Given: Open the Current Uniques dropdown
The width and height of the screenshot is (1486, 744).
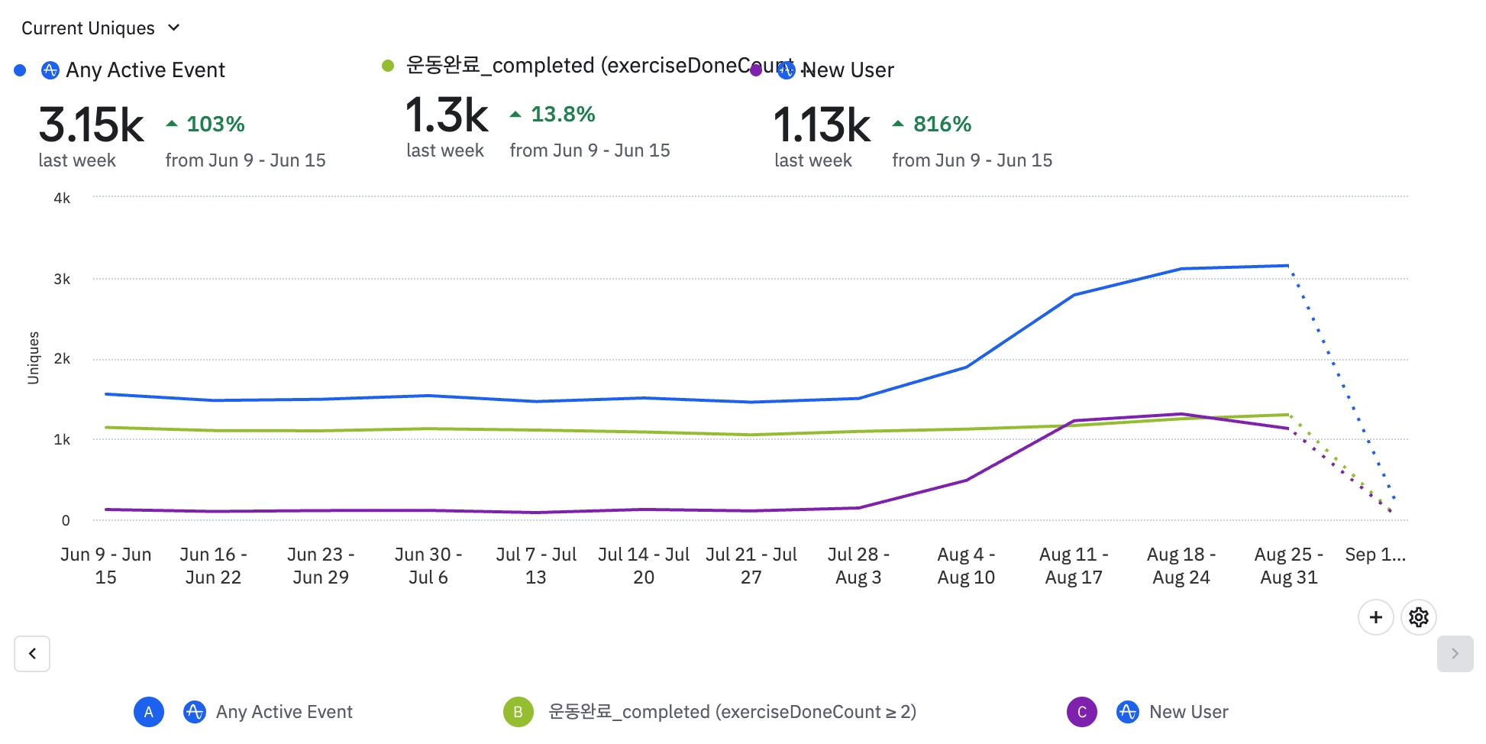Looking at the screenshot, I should [100, 28].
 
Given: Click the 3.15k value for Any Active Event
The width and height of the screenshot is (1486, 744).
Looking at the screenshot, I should [91, 125].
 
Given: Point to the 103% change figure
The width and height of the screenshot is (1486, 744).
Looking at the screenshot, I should [215, 124].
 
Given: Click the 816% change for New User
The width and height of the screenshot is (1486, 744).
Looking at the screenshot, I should [942, 124].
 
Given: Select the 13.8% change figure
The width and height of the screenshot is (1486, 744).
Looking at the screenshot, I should [562, 114].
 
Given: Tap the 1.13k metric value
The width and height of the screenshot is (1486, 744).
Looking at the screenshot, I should [822, 125].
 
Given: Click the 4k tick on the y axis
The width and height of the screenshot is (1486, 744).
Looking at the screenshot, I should [62, 199].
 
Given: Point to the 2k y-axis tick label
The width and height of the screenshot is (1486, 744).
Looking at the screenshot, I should [62, 359].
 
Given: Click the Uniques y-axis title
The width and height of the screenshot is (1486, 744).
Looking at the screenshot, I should [33, 357].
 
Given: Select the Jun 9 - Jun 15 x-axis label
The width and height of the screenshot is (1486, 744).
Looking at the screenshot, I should [106, 565].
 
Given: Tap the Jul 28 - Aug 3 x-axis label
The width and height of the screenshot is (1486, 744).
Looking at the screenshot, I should [858, 565].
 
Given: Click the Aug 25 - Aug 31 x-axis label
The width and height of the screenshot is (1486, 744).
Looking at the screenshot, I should [1288, 565].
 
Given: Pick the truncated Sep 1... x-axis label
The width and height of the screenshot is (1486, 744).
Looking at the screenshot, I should [1375, 555].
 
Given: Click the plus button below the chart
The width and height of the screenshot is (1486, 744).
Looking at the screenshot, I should [1375, 617].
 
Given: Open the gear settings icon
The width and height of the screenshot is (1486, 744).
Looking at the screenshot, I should [1418, 617].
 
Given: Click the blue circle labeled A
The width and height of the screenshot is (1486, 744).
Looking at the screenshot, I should [149, 712].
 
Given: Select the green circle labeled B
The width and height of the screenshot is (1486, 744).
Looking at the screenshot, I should [518, 712].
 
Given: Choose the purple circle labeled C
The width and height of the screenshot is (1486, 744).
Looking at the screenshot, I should [1081, 712].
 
